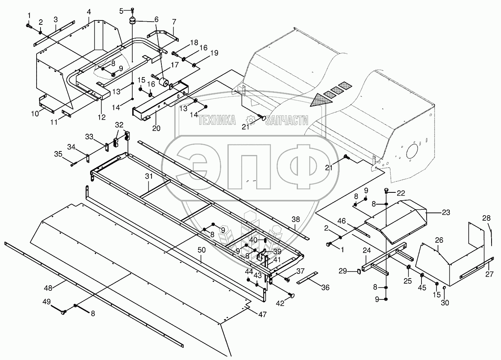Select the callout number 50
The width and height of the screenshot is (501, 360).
coord(201,260)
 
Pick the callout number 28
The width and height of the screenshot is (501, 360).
coord(486,218)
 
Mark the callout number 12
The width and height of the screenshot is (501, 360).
coord(102,117)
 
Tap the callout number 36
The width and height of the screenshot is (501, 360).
coord(325,288)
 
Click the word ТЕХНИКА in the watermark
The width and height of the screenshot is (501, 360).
coord(217,120)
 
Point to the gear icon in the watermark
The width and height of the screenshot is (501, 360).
coord(250,120)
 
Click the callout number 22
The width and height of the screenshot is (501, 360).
coord(401,192)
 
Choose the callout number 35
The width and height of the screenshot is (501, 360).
coord(58,154)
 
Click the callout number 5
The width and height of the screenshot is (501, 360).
coord(121,10)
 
